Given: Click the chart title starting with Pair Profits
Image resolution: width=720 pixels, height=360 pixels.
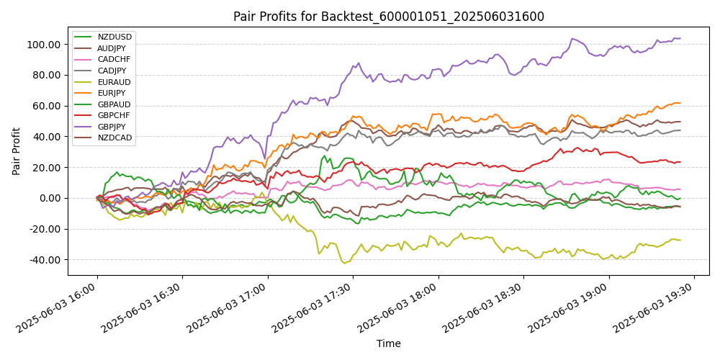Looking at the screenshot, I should tap(389, 17).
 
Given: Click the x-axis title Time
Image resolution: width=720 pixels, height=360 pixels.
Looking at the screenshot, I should tap(389, 344).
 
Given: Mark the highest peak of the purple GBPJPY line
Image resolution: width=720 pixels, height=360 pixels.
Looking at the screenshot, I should tap(573, 38).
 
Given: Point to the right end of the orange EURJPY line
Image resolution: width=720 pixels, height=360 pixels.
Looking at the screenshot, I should tap(680, 103).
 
